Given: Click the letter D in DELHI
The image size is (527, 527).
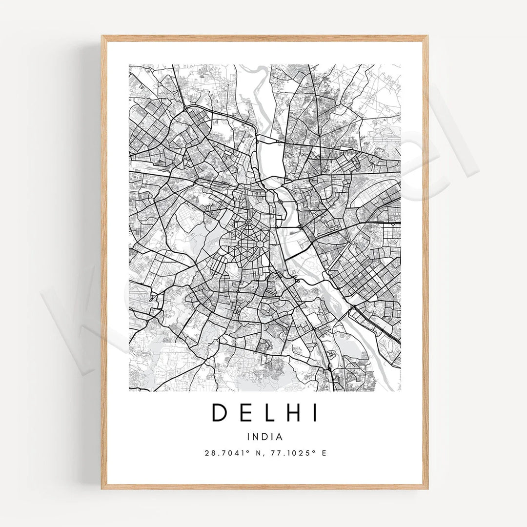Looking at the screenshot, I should pos(219,413).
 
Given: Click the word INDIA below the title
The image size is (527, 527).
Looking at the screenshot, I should pos(265,437).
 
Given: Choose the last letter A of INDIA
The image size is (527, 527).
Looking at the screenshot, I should pos(280,437).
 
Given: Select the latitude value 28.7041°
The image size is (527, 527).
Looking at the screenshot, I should pos(225,453).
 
